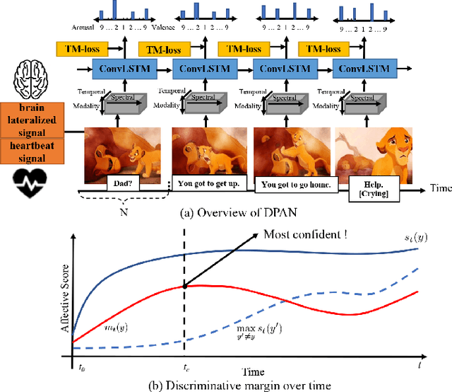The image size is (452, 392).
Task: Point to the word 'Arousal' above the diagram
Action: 76,29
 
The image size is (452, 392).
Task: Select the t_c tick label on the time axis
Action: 186,369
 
